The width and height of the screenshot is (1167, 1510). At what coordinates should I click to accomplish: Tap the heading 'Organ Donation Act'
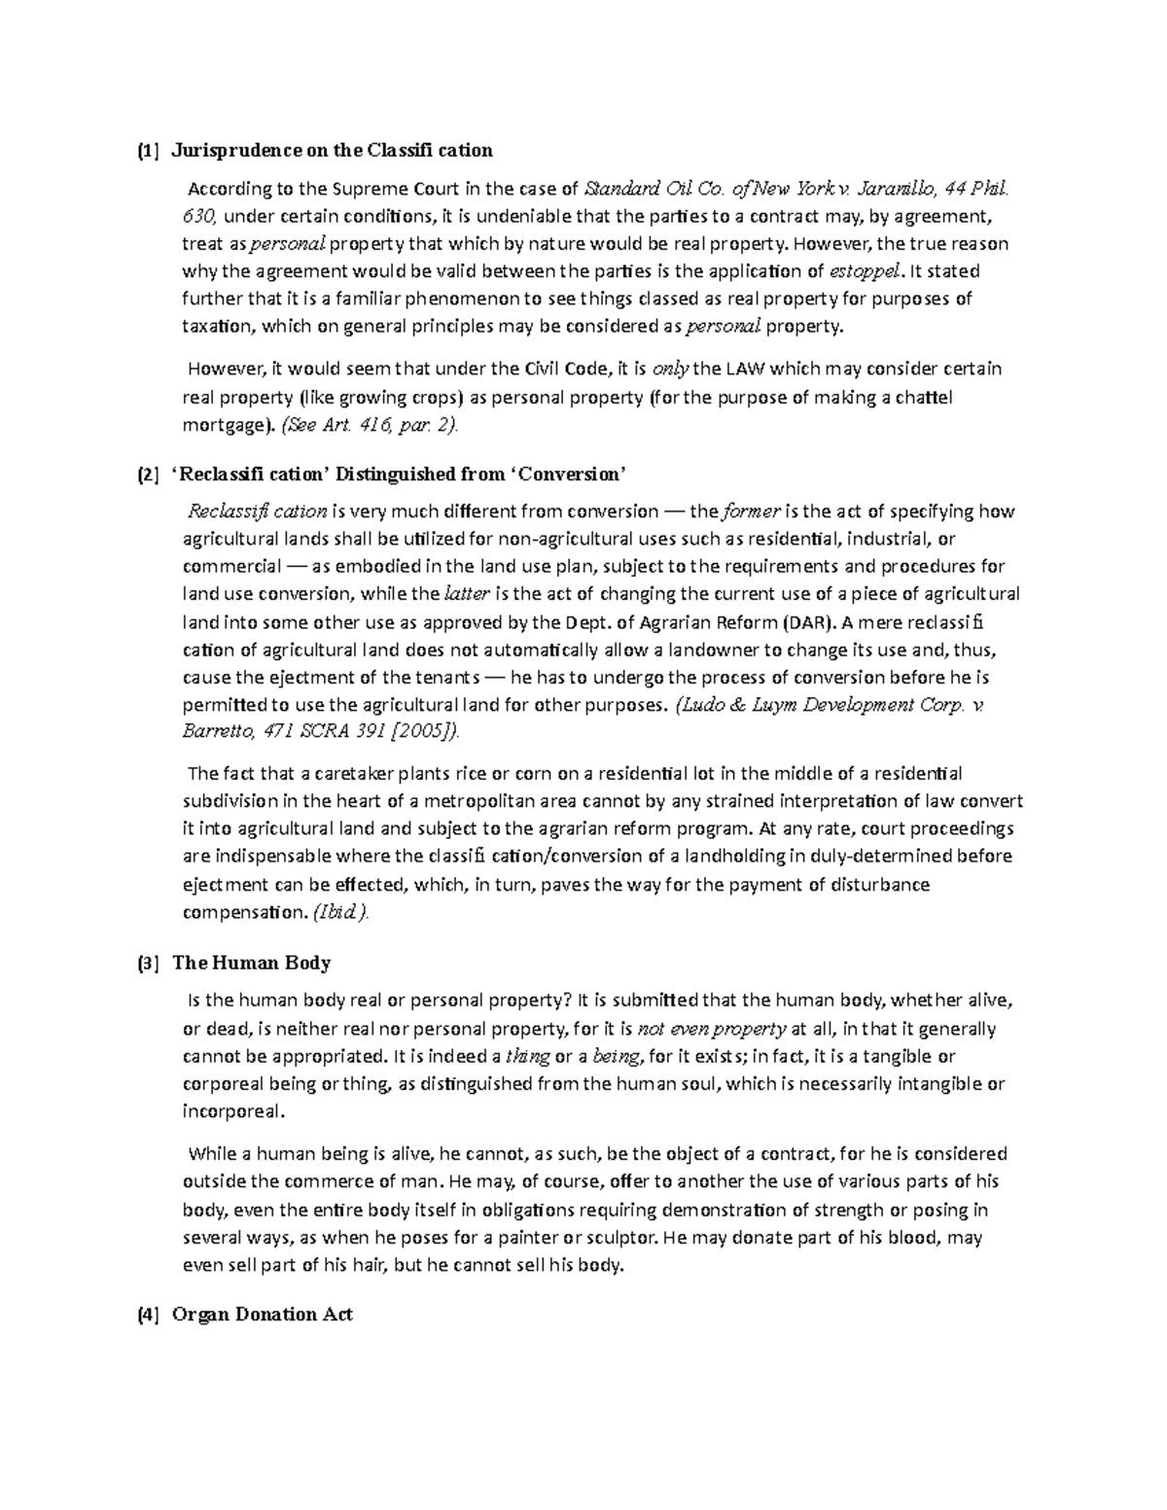262,1315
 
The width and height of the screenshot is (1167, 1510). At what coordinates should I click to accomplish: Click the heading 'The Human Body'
251,964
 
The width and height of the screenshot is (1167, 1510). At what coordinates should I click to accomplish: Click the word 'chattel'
924,397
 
